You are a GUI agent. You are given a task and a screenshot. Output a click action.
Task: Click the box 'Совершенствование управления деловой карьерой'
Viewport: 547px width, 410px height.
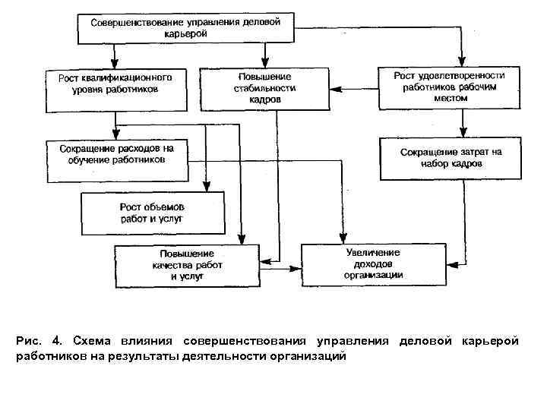(x=185, y=28)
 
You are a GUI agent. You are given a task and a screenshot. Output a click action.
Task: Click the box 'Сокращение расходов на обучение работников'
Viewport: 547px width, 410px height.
(x=117, y=160)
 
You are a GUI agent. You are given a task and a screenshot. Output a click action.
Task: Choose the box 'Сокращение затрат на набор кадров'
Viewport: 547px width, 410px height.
(x=451, y=158)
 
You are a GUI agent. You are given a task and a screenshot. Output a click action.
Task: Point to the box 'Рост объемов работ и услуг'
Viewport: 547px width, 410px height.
(x=153, y=213)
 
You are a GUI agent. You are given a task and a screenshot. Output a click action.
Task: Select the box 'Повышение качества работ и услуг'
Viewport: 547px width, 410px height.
(x=186, y=265)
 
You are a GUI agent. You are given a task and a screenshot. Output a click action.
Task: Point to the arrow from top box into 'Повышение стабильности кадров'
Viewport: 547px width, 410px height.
(x=264, y=55)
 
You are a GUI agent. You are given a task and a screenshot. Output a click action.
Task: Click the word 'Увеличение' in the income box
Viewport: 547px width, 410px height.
(x=372, y=252)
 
